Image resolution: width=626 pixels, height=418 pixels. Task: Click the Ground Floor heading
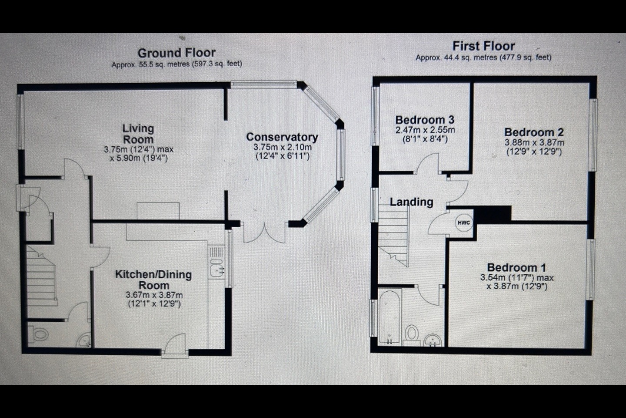(176, 53)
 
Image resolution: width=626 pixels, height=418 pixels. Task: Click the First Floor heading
(483, 46)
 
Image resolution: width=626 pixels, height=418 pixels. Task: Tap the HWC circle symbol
(464, 223)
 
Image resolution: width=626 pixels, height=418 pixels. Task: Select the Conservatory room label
(282, 137)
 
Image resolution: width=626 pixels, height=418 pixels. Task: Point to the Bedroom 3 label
(425, 120)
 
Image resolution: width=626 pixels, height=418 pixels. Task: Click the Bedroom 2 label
(534, 132)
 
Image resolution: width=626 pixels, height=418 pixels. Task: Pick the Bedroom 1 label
(516, 268)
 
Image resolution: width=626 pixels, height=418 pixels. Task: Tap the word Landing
(411, 202)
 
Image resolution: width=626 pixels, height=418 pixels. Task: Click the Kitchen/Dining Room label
(153, 280)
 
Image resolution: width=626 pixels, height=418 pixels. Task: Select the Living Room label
(138, 134)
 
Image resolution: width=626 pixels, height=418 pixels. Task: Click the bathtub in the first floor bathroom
(390, 317)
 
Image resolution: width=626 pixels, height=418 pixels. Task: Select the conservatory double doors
(265, 233)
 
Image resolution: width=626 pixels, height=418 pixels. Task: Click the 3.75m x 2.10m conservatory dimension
(283, 147)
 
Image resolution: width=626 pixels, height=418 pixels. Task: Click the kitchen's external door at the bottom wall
(175, 346)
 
